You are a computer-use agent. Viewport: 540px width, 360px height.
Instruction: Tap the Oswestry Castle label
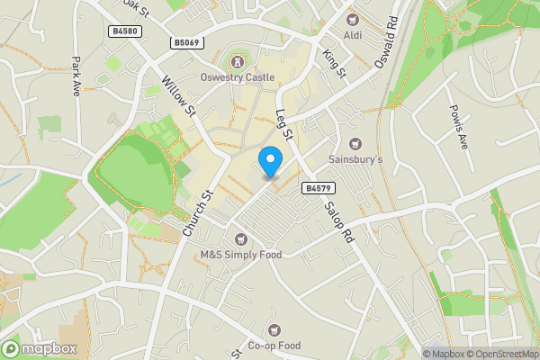click(238, 77)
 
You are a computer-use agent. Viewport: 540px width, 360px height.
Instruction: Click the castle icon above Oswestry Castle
click(238, 62)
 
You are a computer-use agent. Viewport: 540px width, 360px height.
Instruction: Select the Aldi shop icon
click(354, 19)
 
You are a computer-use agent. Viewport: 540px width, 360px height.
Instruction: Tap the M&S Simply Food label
click(240, 255)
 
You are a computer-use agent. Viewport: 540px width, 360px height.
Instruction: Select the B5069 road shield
click(187, 42)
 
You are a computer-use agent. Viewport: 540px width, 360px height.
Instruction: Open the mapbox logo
click(40, 348)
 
